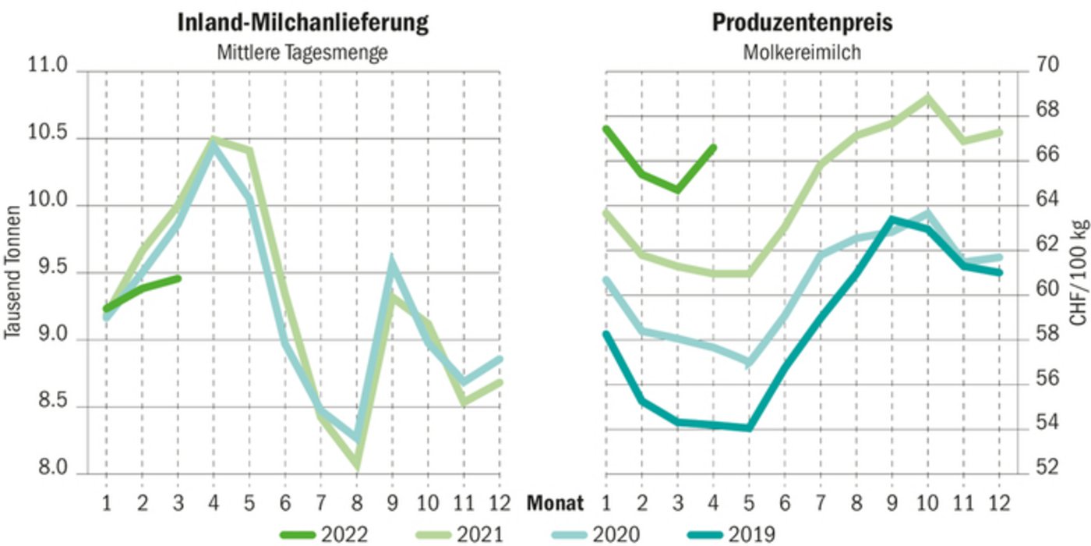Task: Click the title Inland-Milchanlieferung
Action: click(303, 23)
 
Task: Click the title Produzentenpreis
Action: click(802, 23)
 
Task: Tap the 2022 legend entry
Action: click(324, 534)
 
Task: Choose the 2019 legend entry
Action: click(732, 534)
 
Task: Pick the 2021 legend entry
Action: click(461, 534)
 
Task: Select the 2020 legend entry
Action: click(596, 534)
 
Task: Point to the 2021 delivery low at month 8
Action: click(357, 466)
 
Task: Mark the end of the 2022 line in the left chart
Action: click(178, 278)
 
